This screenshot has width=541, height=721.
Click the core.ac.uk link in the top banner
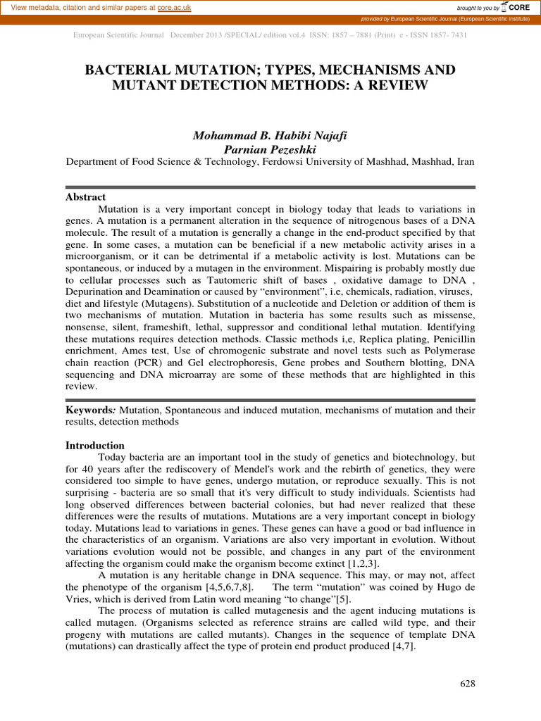tap(175, 7)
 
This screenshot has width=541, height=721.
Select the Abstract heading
tap(85, 197)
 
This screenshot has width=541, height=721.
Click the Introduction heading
tap(95, 445)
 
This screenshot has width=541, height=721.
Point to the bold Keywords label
tap(92, 410)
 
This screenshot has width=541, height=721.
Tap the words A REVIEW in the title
tap(396, 86)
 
